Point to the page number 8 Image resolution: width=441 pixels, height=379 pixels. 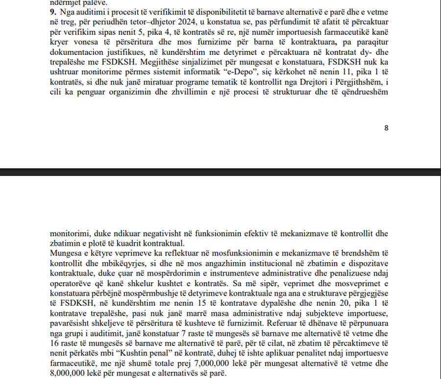(x=386, y=128)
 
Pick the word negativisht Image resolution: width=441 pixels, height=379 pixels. (x=147, y=235)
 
